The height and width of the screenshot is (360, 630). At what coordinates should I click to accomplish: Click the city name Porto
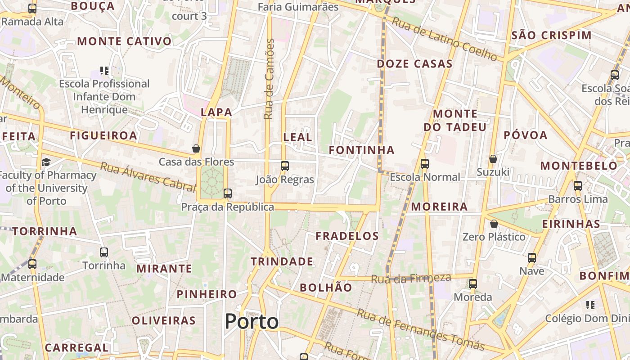click(x=252, y=321)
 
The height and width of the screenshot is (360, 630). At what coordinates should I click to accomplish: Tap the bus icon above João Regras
click(x=284, y=166)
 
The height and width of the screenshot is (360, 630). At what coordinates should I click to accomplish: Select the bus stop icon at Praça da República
click(x=228, y=193)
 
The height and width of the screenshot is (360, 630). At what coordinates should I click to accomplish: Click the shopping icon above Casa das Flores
click(x=196, y=148)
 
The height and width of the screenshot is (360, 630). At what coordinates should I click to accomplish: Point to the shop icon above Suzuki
click(x=493, y=159)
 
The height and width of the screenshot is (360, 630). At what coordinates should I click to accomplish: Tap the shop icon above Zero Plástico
click(x=494, y=224)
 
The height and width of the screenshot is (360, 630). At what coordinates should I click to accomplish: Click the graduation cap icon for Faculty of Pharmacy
click(x=46, y=162)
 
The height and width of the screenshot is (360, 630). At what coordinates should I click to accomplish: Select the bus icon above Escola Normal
click(x=425, y=164)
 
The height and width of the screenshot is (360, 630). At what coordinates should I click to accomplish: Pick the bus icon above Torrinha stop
click(x=104, y=252)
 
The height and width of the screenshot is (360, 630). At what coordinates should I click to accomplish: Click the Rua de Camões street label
click(x=269, y=79)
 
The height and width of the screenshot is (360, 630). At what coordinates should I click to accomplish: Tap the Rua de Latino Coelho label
click(x=444, y=39)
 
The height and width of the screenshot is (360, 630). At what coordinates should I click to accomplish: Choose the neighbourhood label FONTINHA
click(x=361, y=150)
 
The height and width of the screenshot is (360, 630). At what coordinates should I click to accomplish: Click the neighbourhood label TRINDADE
click(x=282, y=261)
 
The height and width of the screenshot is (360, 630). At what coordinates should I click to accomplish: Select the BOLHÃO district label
click(x=326, y=288)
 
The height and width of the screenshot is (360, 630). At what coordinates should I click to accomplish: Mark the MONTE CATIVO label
click(x=124, y=41)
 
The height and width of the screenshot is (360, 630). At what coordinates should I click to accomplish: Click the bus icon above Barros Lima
click(x=578, y=185)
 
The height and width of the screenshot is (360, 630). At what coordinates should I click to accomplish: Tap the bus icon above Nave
click(x=532, y=258)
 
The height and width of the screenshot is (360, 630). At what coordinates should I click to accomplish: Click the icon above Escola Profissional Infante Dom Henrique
click(x=104, y=71)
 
